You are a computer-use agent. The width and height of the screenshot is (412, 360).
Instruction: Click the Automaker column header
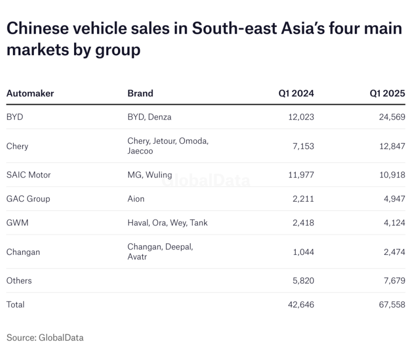click(30, 93)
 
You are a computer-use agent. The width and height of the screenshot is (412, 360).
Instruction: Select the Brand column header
click(140, 93)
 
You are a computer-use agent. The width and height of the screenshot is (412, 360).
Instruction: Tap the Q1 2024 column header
click(296, 93)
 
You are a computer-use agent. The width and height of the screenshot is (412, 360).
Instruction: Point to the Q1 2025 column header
click(387, 93)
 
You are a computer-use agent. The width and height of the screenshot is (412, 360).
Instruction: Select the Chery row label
click(17, 146)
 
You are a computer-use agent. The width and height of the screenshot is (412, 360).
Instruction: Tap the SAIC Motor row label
click(28, 175)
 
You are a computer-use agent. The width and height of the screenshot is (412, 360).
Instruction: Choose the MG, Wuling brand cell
click(149, 175)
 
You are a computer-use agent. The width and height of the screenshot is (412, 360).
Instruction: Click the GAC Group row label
click(28, 199)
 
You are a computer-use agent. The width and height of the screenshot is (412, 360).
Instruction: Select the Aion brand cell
click(136, 199)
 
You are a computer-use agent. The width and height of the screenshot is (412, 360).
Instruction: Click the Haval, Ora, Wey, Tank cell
click(167, 223)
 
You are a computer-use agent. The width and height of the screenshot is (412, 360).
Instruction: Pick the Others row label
click(19, 281)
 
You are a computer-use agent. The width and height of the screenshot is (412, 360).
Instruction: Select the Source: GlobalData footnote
click(45, 337)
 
